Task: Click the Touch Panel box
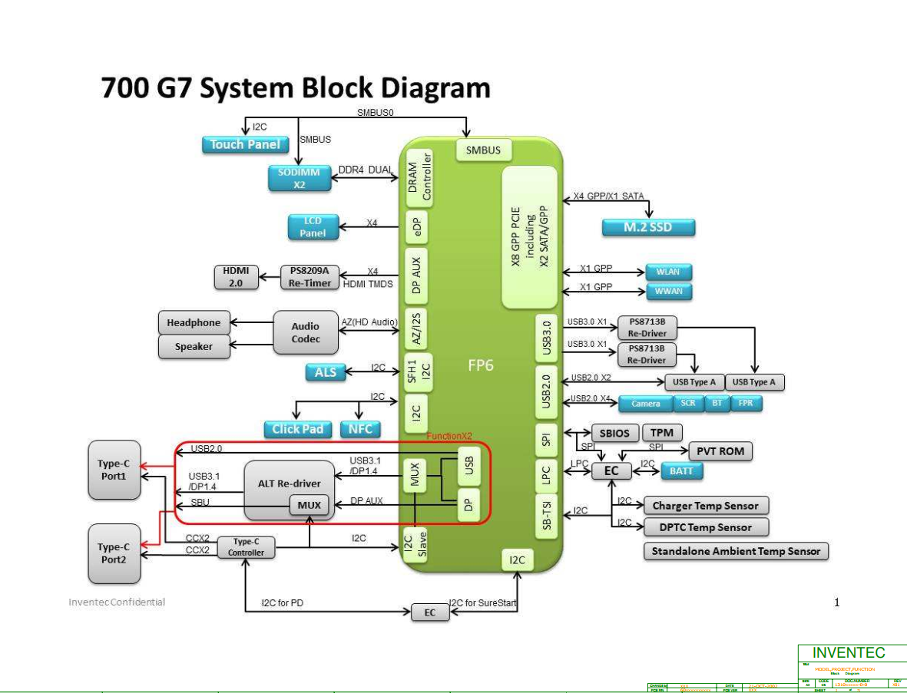[x=245, y=144]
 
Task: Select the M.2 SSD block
[x=648, y=227]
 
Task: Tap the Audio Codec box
[x=306, y=332]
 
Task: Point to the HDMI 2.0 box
[x=237, y=277]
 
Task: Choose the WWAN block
[x=668, y=292]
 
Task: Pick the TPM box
[x=661, y=433]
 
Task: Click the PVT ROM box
[x=720, y=451]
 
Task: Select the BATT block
[x=681, y=471]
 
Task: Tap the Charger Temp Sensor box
[x=705, y=506]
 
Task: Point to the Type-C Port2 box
[x=113, y=553]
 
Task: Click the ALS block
[x=325, y=372]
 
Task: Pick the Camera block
[x=645, y=404]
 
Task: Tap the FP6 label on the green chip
[x=481, y=366]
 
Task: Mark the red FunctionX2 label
[x=449, y=436]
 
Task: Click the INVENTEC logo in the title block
[x=849, y=653]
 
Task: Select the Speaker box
[x=194, y=347]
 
